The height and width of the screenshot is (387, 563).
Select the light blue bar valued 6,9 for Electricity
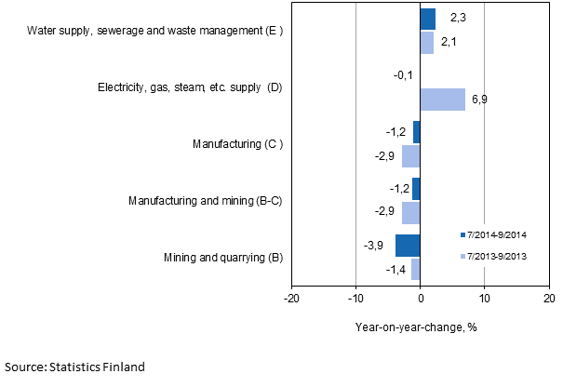point(442,100)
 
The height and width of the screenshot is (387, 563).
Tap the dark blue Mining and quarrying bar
point(408,246)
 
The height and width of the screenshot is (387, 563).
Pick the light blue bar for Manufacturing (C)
point(411,156)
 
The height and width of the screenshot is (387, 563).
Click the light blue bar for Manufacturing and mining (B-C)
point(411,213)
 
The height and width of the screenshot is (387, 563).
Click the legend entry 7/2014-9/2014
point(500,234)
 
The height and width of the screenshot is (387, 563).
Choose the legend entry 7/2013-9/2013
point(500,256)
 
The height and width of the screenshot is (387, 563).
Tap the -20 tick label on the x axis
point(291,298)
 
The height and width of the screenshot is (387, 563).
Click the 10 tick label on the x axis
point(484,298)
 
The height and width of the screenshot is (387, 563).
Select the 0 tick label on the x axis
point(421,298)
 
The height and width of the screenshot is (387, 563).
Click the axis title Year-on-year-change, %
point(415,327)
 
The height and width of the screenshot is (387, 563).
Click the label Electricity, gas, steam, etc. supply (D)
point(190,87)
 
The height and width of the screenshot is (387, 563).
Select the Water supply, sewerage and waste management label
point(154,31)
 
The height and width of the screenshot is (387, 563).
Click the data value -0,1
point(403,75)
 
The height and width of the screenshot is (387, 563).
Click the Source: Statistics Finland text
point(75,367)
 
